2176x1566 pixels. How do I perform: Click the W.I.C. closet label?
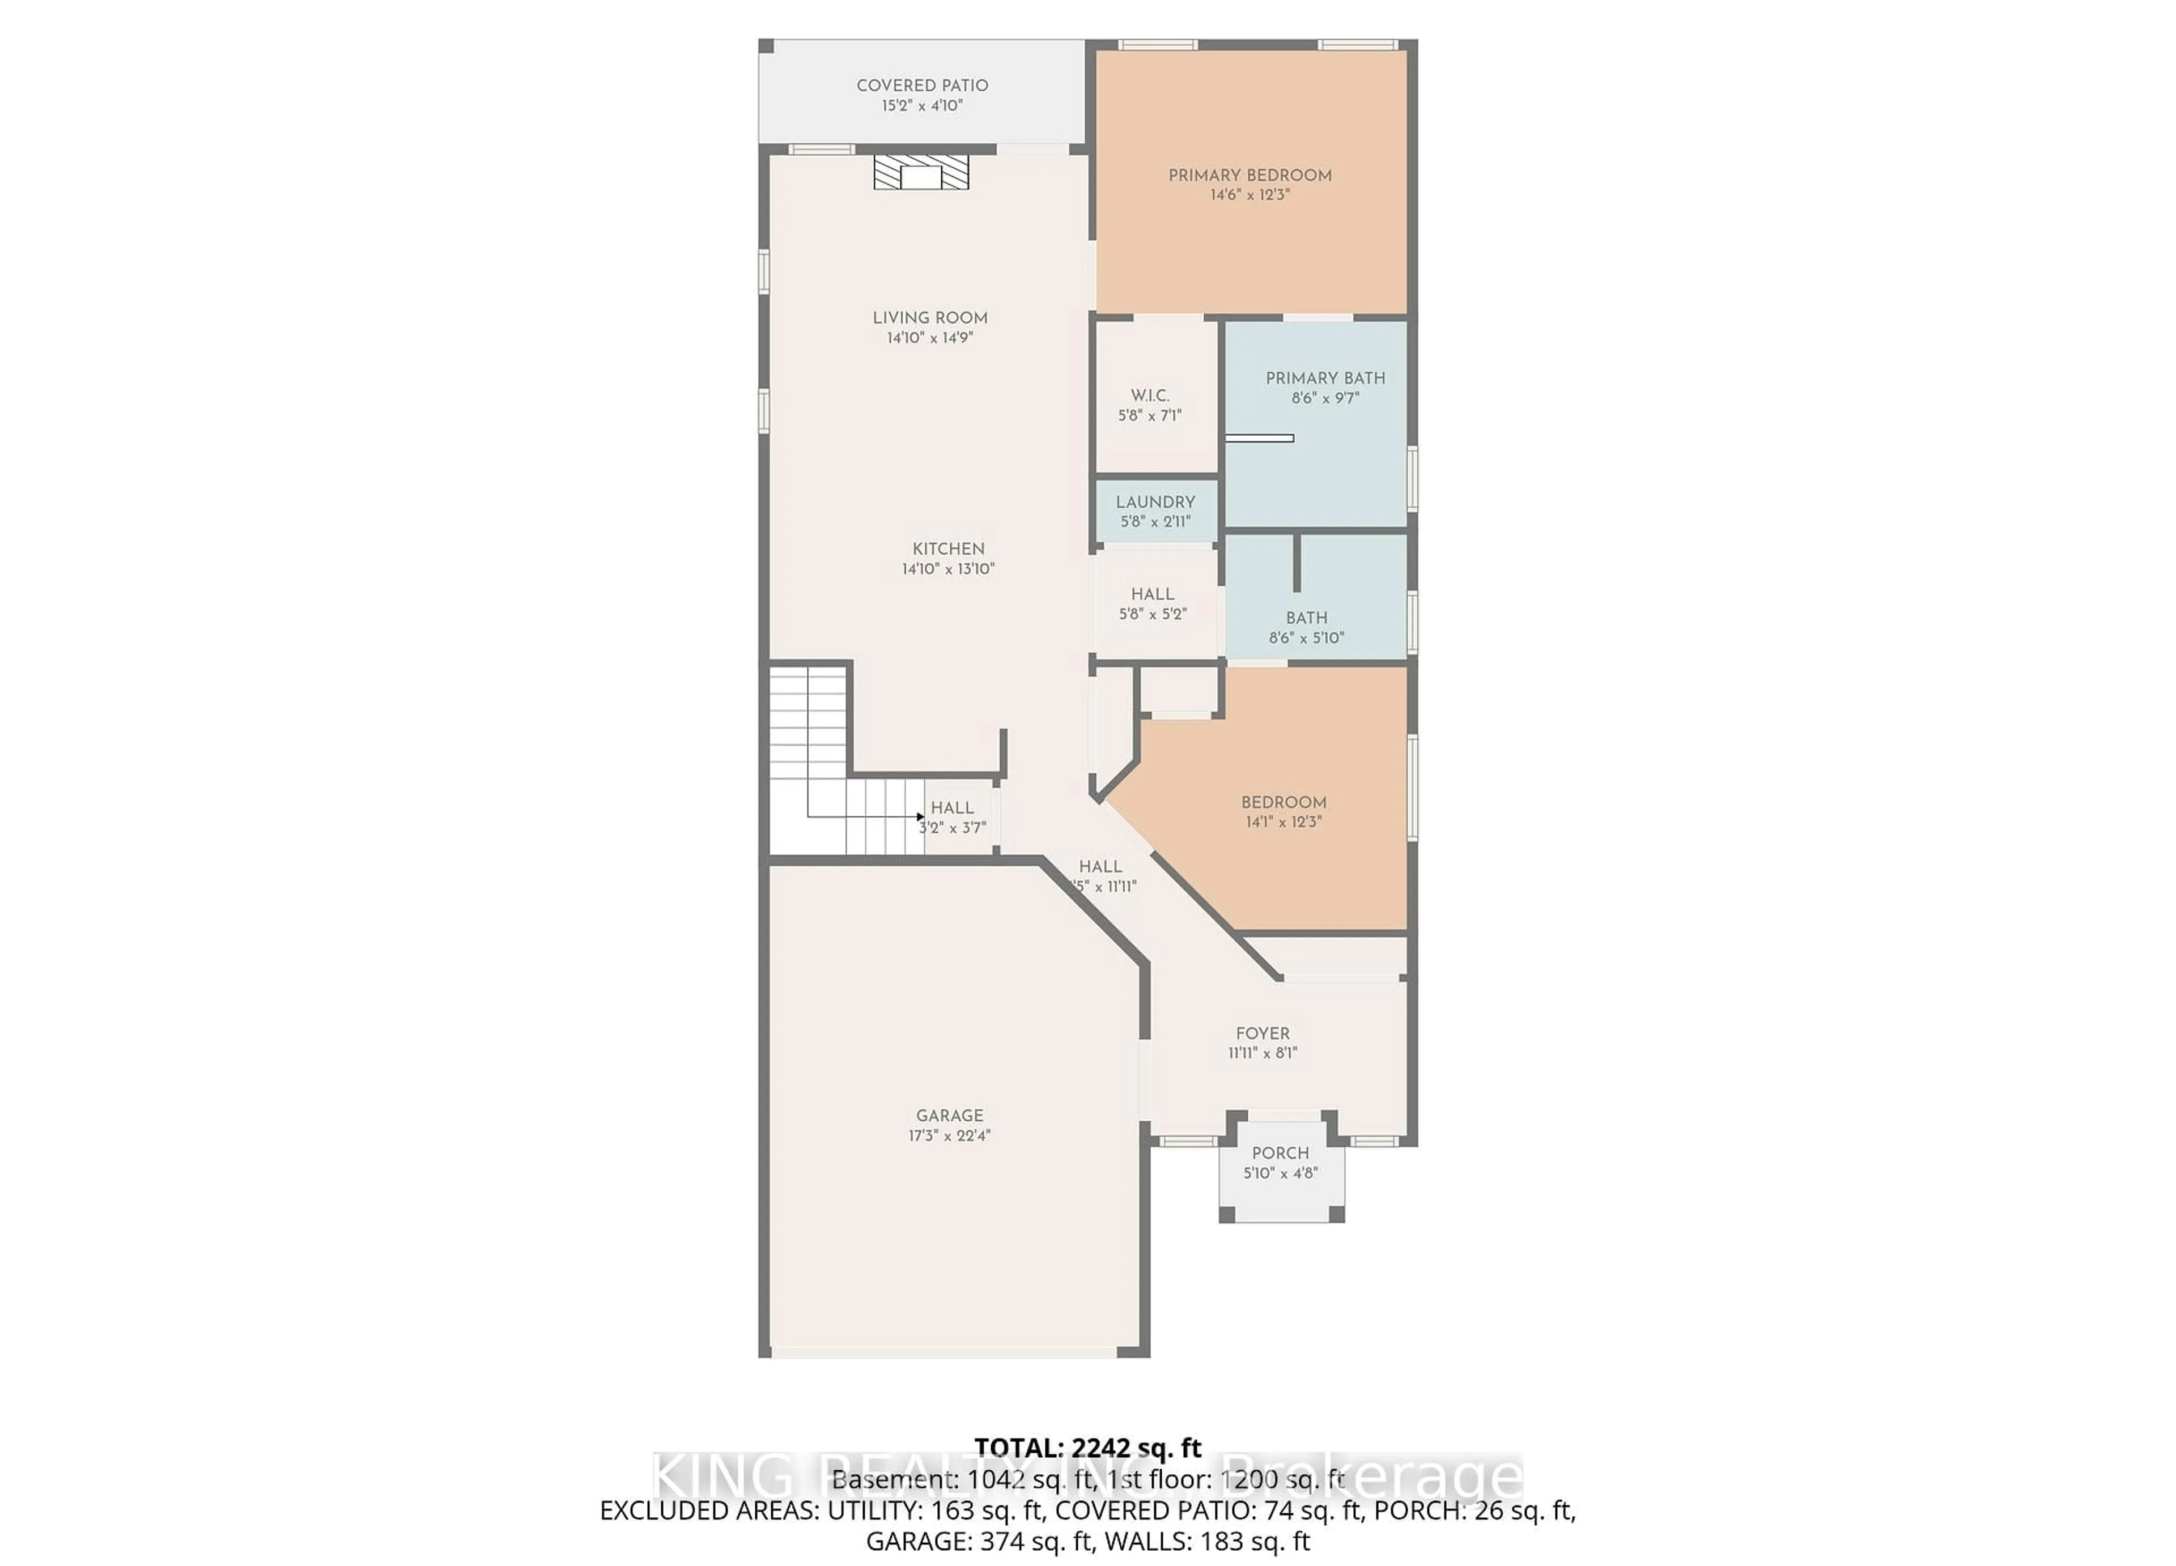click(x=1149, y=395)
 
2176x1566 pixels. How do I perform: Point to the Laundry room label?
click(x=1155, y=502)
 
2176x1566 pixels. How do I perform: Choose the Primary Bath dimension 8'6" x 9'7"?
click(x=1325, y=398)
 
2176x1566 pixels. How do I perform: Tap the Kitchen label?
click(x=948, y=549)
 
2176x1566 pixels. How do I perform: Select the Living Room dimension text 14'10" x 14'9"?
click(x=930, y=338)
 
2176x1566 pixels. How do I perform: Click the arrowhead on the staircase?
click(x=920, y=816)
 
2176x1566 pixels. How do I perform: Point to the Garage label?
click(x=949, y=1115)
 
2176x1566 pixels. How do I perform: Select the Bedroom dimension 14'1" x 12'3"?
click(x=1283, y=822)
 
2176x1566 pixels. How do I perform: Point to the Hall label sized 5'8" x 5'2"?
click(x=1151, y=594)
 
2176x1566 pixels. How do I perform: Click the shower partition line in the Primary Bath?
click(x=1260, y=439)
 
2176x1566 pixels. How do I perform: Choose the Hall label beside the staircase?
click(x=952, y=808)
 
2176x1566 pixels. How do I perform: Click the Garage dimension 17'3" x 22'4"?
click(x=949, y=1135)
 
